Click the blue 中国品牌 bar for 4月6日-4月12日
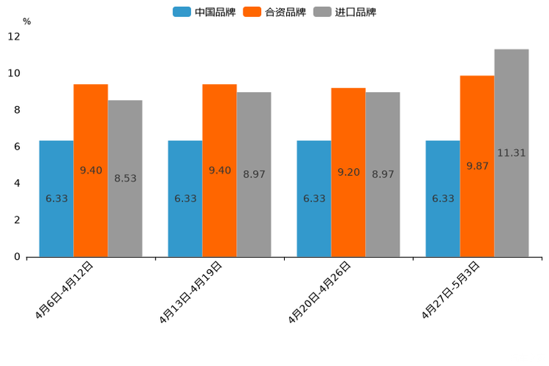(x=56, y=198)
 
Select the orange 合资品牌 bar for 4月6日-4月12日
(x=91, y=170)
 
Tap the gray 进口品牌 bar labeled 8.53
(x=125, y=179)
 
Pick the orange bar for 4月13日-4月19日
(x=219, y=170)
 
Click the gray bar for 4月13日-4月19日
(x=254, y=175)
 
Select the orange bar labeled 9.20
(x=348, y=172)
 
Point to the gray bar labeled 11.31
(x=511, y=153)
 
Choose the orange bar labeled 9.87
(x=477, y=166)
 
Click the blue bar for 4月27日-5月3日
(x=443, y=198)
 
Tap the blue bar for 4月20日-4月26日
(x=314, y=198)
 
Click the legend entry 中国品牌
(x=204, y=12)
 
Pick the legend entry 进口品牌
(x=345, y=12)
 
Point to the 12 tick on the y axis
(x=14, y=36)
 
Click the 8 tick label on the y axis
(x=16, y=110)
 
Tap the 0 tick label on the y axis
(x=16, y=257)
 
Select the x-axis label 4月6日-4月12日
(x=65, y=290)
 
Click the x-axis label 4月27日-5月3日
(x=452, y=290)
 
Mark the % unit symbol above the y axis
(x=27, y=21)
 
